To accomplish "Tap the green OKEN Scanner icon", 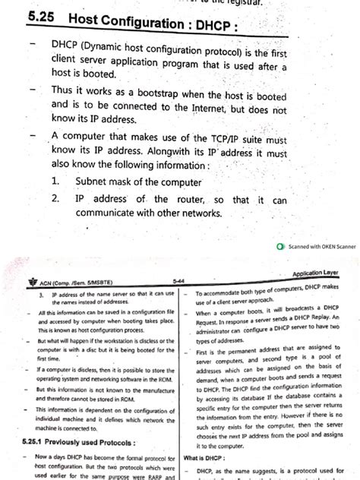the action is (x=282, y=247).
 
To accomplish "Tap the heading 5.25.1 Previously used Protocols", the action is (x=83, y=441).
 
